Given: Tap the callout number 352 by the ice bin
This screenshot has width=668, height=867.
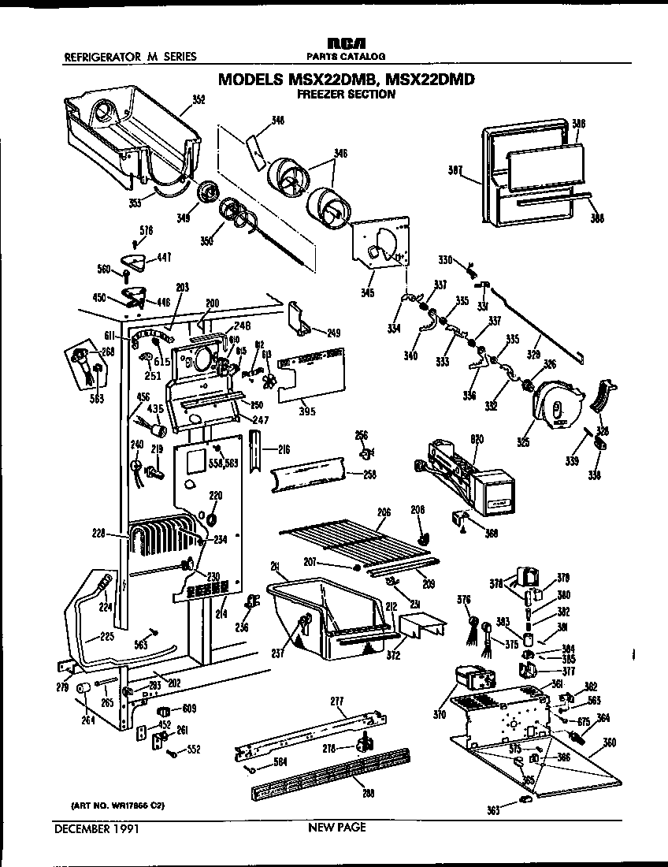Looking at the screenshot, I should (x=199, y=100).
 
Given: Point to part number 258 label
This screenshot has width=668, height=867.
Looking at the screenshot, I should (x=369, y=474).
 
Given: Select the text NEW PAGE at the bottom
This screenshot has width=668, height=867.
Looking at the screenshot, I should (x=336, y=828).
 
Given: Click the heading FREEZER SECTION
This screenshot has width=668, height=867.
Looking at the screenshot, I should (x=346, y=95).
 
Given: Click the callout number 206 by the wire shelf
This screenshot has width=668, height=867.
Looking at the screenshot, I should (x=384, y=512).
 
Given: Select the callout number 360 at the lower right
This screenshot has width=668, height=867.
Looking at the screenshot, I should (x=610, y=742).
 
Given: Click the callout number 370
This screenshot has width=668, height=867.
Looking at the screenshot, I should (x=440, y=715).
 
